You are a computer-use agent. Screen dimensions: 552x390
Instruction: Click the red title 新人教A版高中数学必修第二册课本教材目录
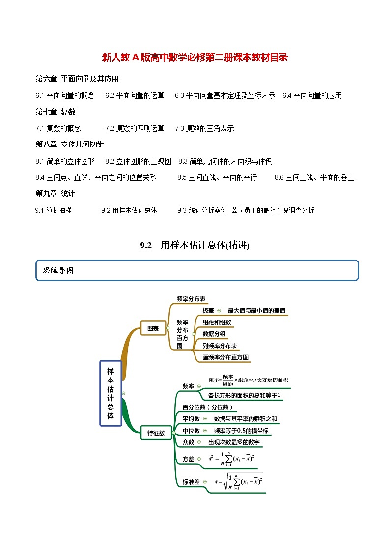coord(195,58)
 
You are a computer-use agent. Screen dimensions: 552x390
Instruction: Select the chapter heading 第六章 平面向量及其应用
coord(77,79)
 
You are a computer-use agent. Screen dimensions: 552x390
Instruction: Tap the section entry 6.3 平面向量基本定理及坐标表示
coord(225,95)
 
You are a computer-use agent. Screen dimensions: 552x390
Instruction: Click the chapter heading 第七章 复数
coord(56,112)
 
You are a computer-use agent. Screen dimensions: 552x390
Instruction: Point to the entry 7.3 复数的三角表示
coord(204,128)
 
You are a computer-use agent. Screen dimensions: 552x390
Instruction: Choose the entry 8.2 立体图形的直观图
coord(138,161)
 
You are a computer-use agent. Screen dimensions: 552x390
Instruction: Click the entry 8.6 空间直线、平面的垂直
coord(314,177)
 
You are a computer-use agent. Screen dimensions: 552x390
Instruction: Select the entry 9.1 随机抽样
coord(53,210)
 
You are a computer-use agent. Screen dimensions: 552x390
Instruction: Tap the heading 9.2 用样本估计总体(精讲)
coord(195,245)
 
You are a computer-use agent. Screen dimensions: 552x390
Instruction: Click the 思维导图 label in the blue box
coord(58,270)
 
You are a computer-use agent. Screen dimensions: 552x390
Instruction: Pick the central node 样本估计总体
coord(111,393)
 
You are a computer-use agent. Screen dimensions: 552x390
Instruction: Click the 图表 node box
coord(153,328)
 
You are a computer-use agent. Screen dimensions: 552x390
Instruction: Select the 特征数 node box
coord(156,433)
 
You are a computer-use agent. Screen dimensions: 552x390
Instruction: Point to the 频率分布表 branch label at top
coord(191,298)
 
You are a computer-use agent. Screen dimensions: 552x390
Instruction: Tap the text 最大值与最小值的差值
coord(256,311)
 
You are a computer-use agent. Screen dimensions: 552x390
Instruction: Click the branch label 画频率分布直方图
coord(225,357)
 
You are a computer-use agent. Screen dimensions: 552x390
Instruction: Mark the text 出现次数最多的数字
coord(234,442)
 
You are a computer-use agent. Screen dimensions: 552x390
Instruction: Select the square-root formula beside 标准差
coord(239,481)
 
